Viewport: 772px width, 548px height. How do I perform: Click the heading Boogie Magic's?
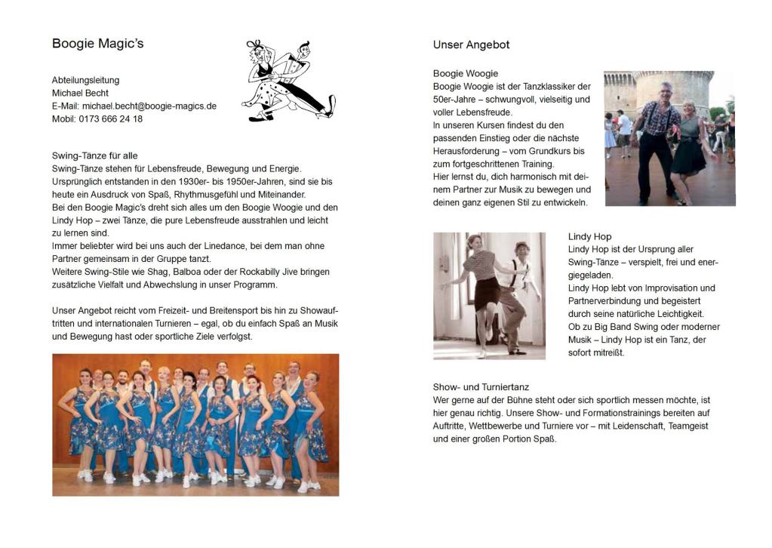pyautogui.click(x=97, y=44)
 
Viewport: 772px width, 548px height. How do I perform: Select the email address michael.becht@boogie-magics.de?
pyautogui.click(x=149, y=106)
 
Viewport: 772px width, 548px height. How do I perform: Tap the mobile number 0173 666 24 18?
pyautogui.click(x=110, y=119)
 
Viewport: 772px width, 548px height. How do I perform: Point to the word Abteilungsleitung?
pyautogui.click(x=85, y=80)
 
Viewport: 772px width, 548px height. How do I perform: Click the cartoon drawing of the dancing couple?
pyautogui.click(x=288, y=80)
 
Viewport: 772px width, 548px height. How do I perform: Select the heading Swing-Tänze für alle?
pyautogui.click(x=94, y=155)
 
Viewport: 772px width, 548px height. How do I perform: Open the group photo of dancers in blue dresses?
pyautogui.click(x=195, y=425)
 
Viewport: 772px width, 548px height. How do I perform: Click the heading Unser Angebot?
pyautogui.click(x=471, y=45)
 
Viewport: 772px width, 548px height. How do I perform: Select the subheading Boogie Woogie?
pyautogui.click(x=465, y=73)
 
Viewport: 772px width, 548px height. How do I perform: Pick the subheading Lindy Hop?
pyautogui.click(x=589, y=236)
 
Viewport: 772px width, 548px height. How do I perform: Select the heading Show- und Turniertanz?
pyautogui.click(x=481, y=387)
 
